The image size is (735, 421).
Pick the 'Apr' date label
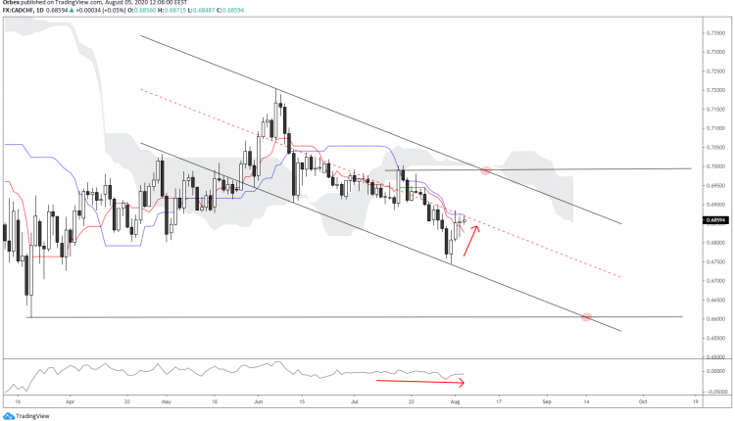click(x=71, y=401)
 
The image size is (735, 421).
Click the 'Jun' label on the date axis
click(x=258, y=401)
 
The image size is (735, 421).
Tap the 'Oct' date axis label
click(x=642, y=401)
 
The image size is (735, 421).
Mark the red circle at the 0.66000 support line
click(x=587, y=317)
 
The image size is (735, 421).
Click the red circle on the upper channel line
click(x=486, y=171)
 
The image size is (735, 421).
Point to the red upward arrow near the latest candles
click(x=471, y=240)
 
